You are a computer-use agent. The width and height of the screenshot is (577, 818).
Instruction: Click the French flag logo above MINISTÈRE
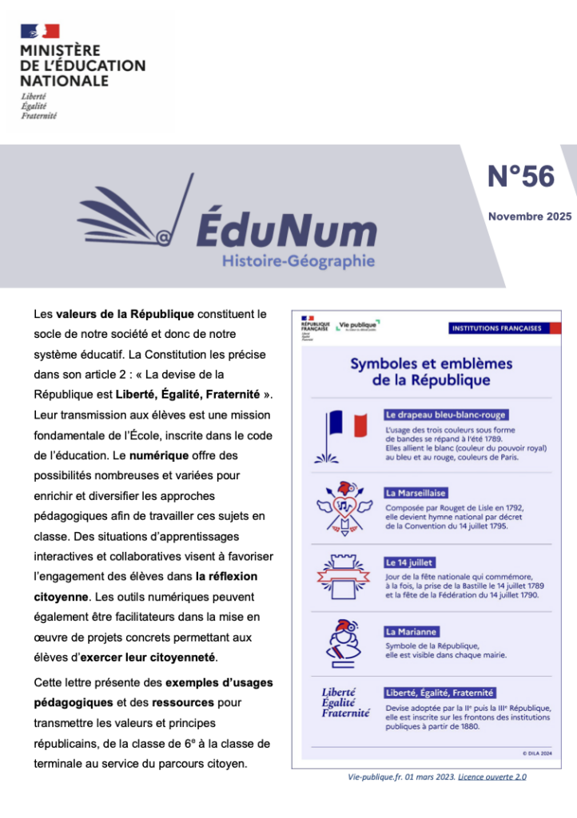tap(40, 31)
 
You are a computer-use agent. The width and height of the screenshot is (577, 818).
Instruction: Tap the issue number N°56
tap(520, 176)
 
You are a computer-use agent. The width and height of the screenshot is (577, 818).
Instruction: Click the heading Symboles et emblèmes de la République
tap(431, 371)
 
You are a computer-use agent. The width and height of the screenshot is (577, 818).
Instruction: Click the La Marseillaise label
tap(416, 493)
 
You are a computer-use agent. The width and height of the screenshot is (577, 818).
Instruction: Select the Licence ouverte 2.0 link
tap(492, 776)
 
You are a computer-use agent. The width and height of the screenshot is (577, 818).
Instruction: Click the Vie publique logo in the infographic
tap(357, 325)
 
